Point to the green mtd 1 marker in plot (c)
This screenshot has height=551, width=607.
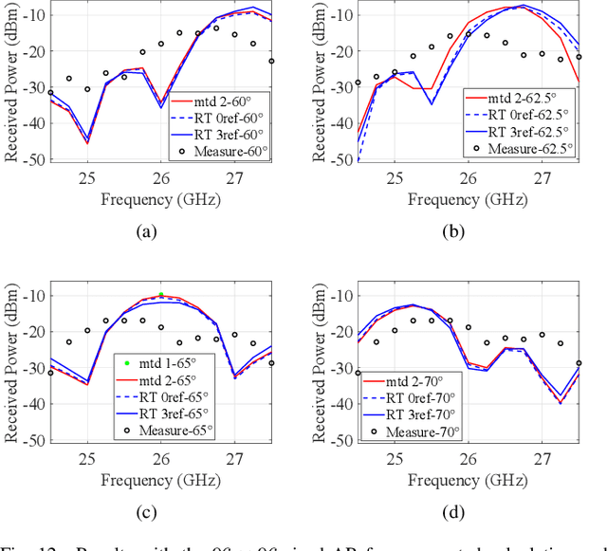point(161,295)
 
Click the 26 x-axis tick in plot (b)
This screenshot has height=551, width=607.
point(469,176)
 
